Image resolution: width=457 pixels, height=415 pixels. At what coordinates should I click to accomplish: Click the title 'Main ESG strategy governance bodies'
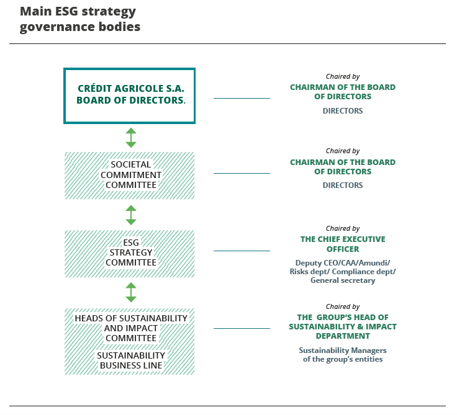tap(79, 19)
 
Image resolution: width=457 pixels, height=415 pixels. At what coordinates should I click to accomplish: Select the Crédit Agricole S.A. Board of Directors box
tap(130, 95)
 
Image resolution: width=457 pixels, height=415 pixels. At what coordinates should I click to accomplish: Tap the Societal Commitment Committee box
tap(130, 175)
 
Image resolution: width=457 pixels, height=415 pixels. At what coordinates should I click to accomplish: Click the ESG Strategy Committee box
tap(130, 253)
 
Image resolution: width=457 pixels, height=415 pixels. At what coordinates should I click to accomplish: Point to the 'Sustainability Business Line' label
tap(130, 360)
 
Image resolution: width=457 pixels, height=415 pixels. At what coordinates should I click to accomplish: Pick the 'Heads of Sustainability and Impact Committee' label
tap(130, 328)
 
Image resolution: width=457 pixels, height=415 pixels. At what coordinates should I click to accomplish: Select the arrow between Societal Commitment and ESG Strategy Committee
tap(130, 215)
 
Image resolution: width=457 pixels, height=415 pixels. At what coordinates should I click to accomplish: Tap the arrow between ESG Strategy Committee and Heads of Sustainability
tap(130, 292)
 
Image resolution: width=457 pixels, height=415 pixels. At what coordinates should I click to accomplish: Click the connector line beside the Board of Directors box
tap(242, 98)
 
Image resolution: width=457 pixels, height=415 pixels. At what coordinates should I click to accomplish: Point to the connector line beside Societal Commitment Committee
tap(242, 173)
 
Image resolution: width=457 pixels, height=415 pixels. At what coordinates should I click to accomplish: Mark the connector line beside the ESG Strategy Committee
tap(242, 251)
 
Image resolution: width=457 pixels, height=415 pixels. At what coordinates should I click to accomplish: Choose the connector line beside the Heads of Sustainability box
tap(242, 328)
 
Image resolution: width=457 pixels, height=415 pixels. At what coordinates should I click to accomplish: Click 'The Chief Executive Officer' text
tap(343, 244)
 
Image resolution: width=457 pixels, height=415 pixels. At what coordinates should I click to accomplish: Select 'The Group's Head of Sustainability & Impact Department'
tap(343, 326)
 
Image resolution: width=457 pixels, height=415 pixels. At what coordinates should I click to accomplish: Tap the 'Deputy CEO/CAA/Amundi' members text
tap(343, 271)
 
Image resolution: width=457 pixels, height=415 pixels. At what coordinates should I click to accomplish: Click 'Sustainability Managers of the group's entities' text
tap(343, 355)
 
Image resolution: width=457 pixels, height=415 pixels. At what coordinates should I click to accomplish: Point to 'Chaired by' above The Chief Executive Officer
tap(343, 229)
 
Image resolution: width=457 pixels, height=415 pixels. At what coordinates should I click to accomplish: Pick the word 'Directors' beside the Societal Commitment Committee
tap(343, 185)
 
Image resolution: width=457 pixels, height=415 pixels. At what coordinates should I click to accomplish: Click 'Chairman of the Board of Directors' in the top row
tap(343, 92)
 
